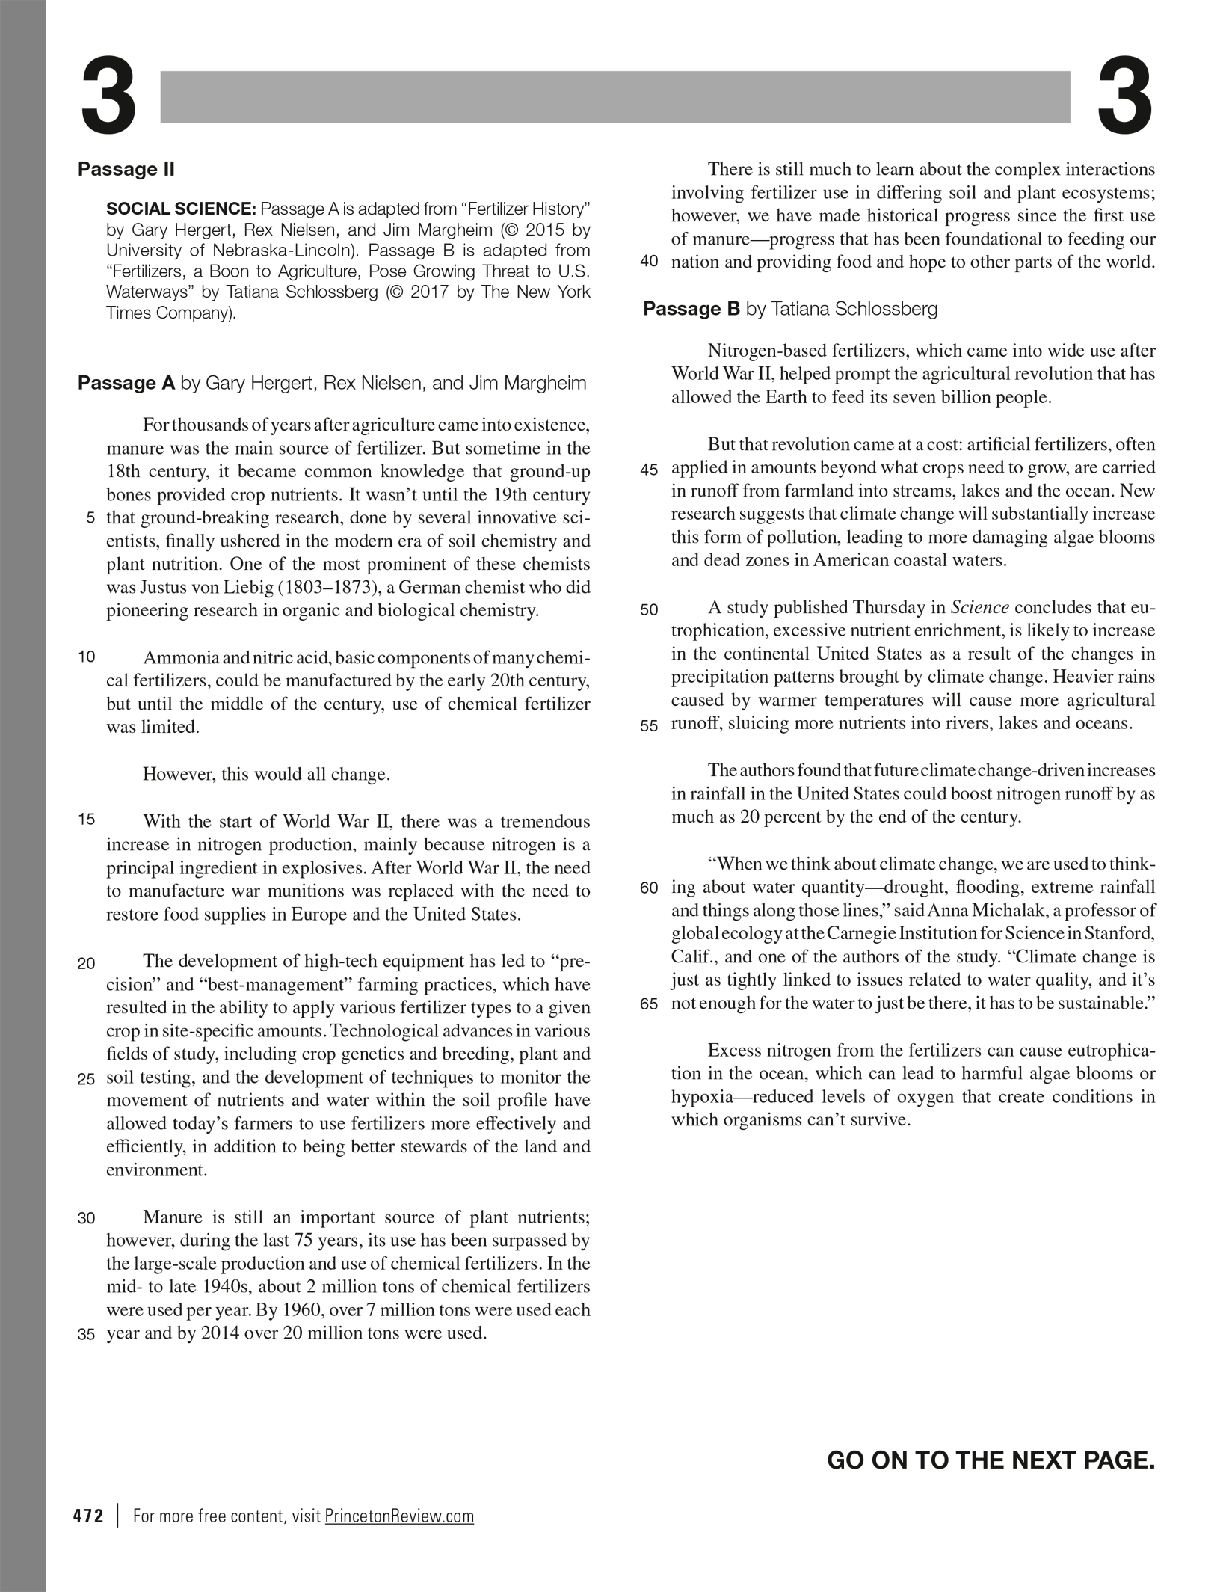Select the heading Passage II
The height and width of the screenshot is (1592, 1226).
126,169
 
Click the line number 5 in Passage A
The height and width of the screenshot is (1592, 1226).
90,517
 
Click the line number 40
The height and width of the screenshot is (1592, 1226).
649,262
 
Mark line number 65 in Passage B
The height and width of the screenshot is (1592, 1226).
649,1004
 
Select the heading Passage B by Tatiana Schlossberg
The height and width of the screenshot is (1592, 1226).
789,309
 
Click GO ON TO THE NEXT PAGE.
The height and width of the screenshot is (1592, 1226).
991,1460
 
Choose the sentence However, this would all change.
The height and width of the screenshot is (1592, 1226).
266,774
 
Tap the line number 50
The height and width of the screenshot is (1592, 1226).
649,609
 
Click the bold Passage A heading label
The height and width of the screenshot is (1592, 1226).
126,384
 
